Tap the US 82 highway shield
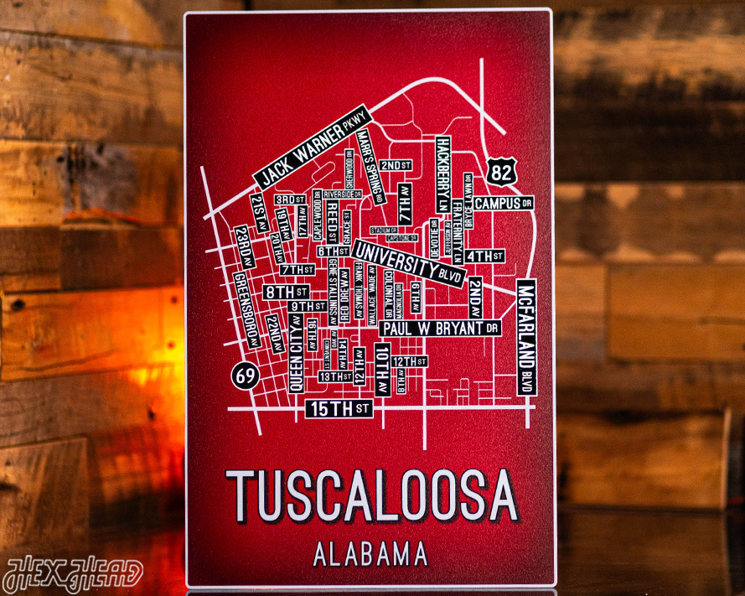501,173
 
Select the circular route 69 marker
246,376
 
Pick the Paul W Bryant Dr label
440,328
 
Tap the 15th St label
339,409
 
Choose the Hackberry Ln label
442,175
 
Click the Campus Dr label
504,203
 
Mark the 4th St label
485,256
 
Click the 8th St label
286,292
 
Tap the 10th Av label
382,369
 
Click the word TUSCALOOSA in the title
372,495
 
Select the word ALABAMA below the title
370,554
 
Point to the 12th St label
411,361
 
